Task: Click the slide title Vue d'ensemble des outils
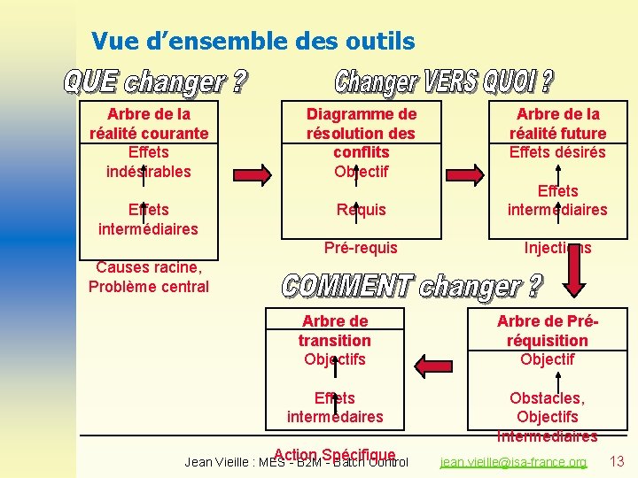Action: [253, 41]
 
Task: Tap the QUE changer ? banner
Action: [155, 83]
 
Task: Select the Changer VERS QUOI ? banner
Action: [444, 82]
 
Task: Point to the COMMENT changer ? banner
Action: [413, 287]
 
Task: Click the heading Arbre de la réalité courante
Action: [149, 123]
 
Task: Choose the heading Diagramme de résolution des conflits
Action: [361, 133]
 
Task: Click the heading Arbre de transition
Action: [334, 330]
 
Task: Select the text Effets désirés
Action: [557, 152]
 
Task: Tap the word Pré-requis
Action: [361, 248]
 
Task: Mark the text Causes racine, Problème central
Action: [149, 276]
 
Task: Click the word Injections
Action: [557, 248]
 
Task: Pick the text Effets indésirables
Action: [149, 162]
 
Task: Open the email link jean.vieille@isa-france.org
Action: [514, 462]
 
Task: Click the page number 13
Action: [618, 460]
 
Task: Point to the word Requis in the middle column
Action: [361, 210]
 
